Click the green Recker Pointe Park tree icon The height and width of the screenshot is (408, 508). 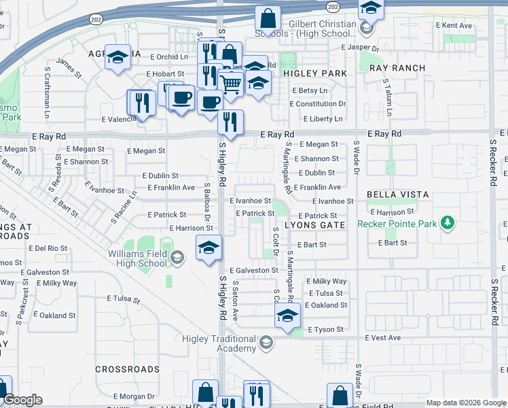click(x=447, y=222)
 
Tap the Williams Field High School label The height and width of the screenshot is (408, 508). click(x=137, y=258)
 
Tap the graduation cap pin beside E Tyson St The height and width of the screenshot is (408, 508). click(x=287, y=316)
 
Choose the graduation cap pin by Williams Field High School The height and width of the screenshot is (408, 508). click(x=208, y=248)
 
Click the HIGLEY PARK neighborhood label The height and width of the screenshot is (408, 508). click(x=315, y=73)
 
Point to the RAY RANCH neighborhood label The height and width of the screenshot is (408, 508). click(x=397, y=68)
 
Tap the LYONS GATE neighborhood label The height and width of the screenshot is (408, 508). click(x=315, y=224)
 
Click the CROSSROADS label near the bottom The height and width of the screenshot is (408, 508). click(x=127, y=369)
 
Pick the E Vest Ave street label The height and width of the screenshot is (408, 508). click(x=383, y=338)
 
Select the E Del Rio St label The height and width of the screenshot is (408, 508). click(x=47, y=248)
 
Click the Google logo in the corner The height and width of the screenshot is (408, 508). click(x=22, y=400)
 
